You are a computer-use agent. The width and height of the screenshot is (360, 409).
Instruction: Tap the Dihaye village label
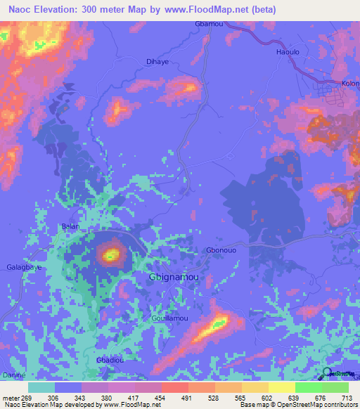[x=157, y=62]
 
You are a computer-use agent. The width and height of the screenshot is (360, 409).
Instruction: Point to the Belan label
[x=70, y=226]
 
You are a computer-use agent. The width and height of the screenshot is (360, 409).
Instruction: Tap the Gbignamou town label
[x=173, y=278]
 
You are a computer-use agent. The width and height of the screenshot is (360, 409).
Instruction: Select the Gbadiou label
[x=110, y=361]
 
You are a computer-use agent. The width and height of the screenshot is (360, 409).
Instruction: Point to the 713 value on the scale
[x=347, y=398]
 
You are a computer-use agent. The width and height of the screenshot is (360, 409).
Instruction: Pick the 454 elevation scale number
[x=160, y=398]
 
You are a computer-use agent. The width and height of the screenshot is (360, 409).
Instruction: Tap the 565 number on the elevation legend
[x=240, y=398]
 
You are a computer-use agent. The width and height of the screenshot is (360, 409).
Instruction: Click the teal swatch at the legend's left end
[x=41, y=387]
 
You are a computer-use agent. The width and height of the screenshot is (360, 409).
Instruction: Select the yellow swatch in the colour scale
[x=281, y=387]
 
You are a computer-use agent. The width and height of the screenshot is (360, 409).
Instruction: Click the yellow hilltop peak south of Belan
[x=110, y=254]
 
